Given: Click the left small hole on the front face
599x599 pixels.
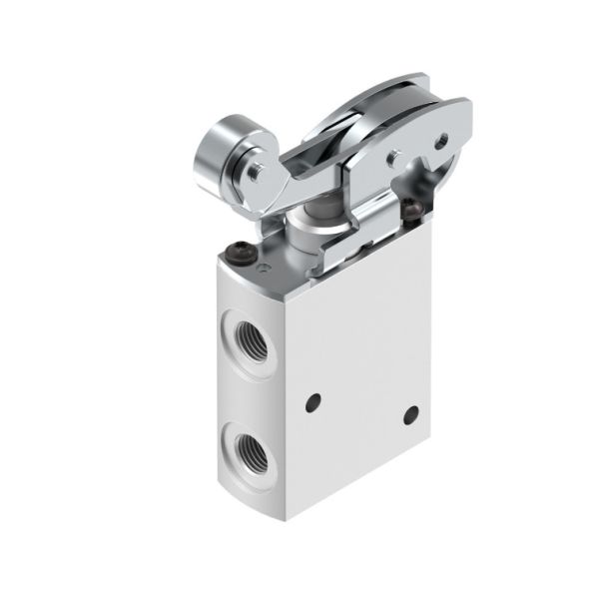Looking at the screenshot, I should (313, 402).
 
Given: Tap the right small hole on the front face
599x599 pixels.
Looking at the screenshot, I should (410, 414).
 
